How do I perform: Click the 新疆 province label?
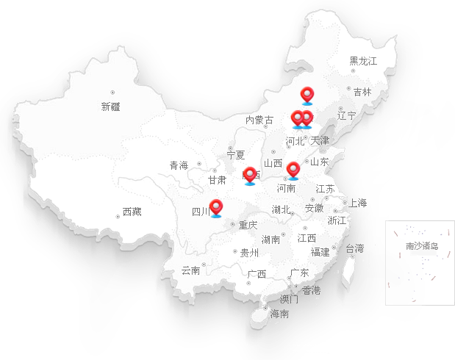(x=110, y=107)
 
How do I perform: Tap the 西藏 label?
(x=132, y=212)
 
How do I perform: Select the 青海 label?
(x=179, y=165)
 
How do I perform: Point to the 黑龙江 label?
(x=362, y=61)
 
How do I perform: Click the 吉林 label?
(x=362, y=92)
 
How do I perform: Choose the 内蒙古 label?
(x=259, y=120)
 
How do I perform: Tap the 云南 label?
(x=190, y=270)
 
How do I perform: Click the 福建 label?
(x=320, y=252)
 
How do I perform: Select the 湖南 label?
(x=271, y=240)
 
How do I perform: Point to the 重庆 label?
(x=248, y=225)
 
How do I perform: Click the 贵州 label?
(x=250, y=253)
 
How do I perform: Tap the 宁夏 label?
(x=236, y=155)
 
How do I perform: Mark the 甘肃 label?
(x=216, y=179)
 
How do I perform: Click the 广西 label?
(x=257, y=274)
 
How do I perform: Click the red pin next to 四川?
(x=216, y=207)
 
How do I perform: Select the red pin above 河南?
(x=293, y=169)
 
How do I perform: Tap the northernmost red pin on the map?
(x=308, y=94)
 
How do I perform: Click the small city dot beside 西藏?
(x=118, y=216)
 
